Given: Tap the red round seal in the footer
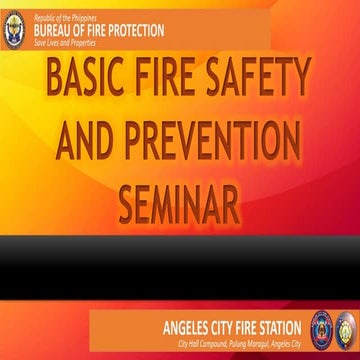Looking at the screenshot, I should [x=322, y=328].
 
